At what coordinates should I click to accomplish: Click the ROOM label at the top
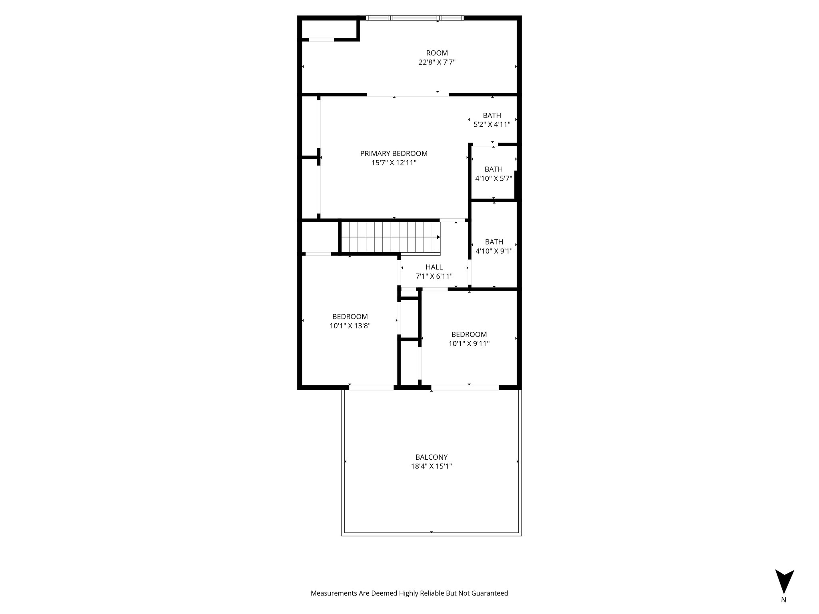point(437,53)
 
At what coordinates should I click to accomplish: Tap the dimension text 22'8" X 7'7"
point(437,62)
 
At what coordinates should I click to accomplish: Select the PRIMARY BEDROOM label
point(394,153)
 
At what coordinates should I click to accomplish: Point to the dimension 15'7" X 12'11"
point(394,163)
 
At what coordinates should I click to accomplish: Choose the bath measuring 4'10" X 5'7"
point(493,173)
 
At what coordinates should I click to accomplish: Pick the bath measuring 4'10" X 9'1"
point(493,246)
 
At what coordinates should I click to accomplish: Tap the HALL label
point(434,267)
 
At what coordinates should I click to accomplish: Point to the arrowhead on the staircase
point(438,237)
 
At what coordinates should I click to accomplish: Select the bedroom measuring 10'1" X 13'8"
point(350,321)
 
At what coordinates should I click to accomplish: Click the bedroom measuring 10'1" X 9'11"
point(469,339)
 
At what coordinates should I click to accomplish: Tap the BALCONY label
point(431,457)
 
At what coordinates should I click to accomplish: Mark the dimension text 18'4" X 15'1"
point(431,466)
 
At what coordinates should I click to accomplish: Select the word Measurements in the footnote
point(334,593)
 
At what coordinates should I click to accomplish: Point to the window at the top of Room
point(415,18)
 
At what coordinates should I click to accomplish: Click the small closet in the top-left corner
point(329,29)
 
